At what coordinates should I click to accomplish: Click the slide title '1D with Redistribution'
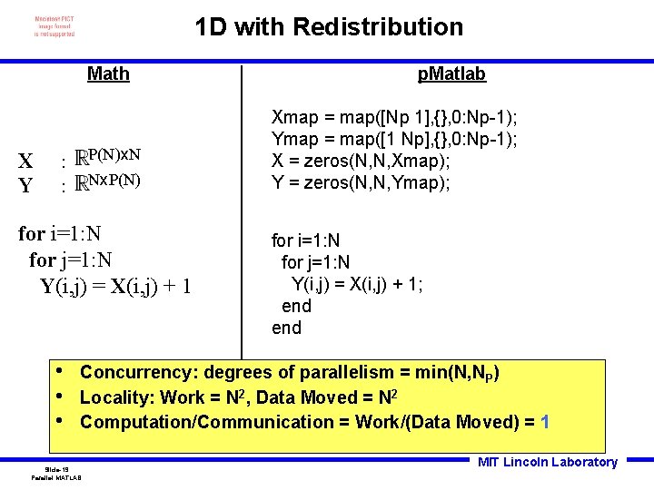329,27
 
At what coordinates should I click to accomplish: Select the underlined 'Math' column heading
108,73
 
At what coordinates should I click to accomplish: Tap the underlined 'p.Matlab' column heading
451,73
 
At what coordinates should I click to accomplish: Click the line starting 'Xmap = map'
394,117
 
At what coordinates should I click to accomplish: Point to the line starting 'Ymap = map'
394,139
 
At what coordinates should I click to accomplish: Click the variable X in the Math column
26,162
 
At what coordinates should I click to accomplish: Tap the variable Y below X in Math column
26,186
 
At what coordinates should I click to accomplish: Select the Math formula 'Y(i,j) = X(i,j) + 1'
115,287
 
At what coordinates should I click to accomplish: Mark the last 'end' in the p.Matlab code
286,328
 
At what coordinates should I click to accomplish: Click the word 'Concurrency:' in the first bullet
138,372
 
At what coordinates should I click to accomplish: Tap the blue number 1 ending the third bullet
544,422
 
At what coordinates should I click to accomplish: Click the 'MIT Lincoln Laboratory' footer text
547,462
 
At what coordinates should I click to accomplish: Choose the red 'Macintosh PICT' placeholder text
54,25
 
